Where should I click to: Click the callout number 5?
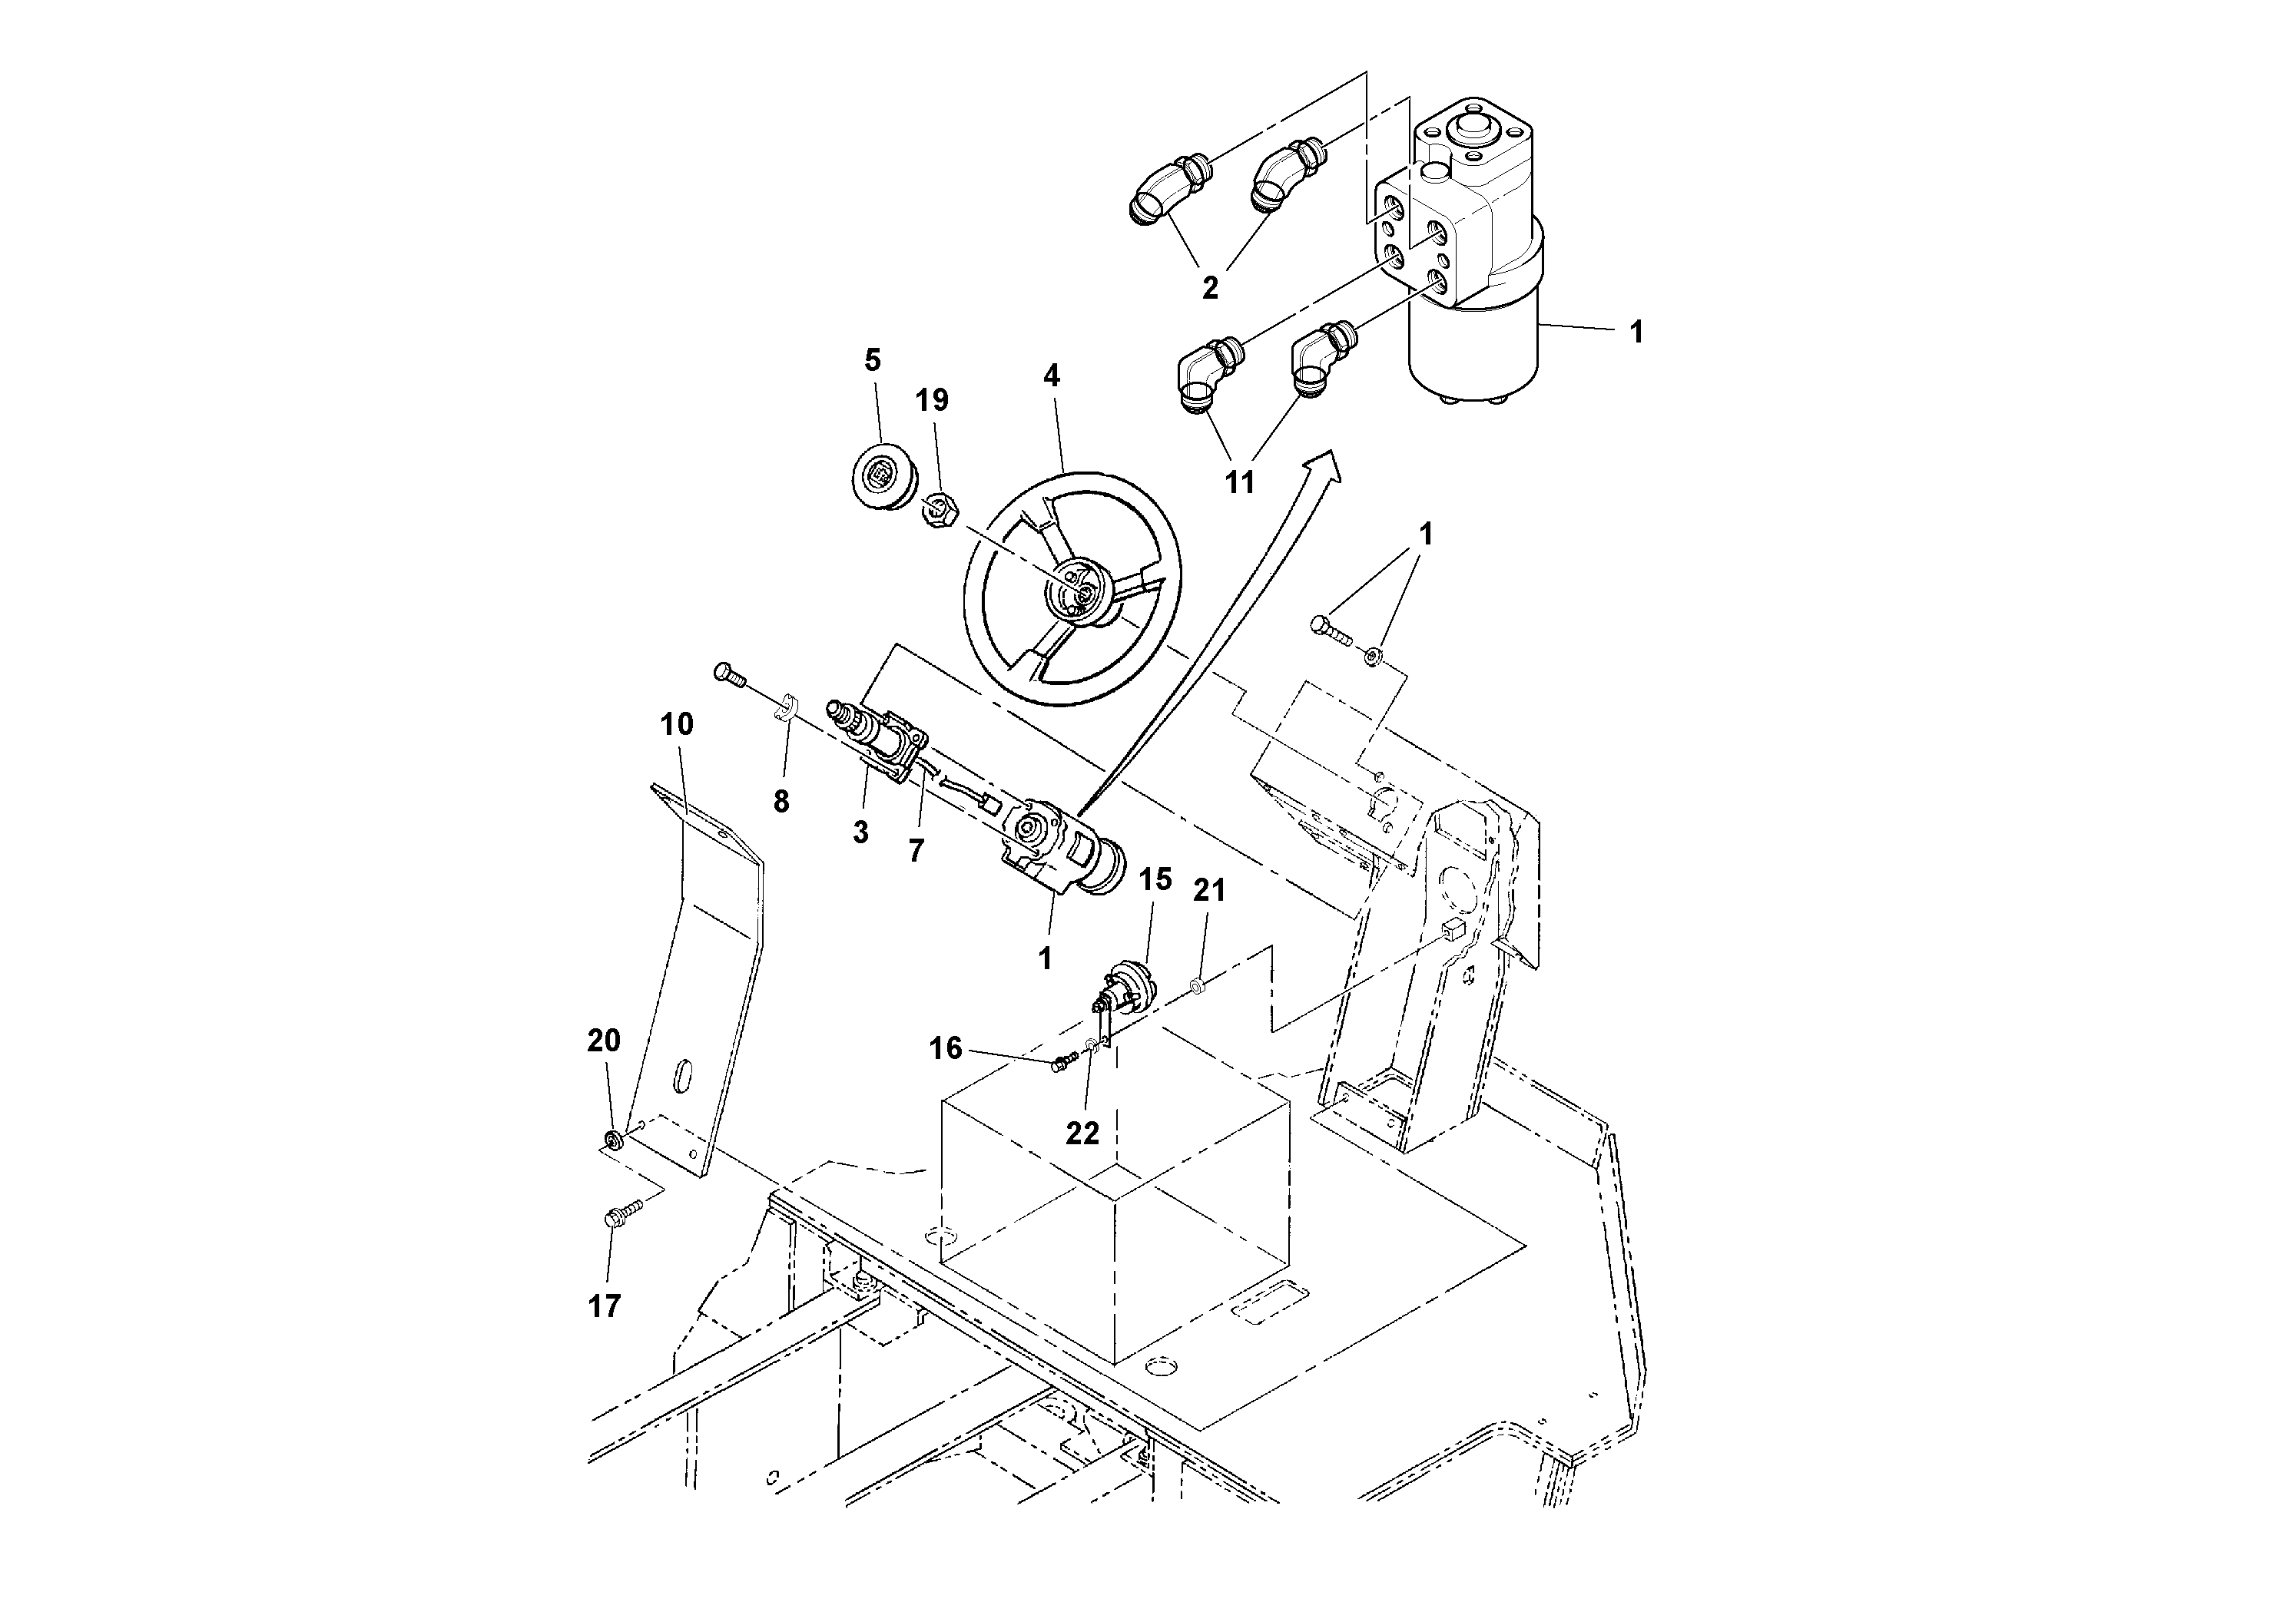point(873,359)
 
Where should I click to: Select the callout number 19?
point(933,400)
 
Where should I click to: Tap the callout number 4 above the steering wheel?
point(1052,376)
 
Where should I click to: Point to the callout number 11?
point(1239,483)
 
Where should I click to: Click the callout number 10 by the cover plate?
point(676,724)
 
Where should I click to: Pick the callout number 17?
point(605,1306)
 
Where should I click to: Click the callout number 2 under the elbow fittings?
point(1210,289)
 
